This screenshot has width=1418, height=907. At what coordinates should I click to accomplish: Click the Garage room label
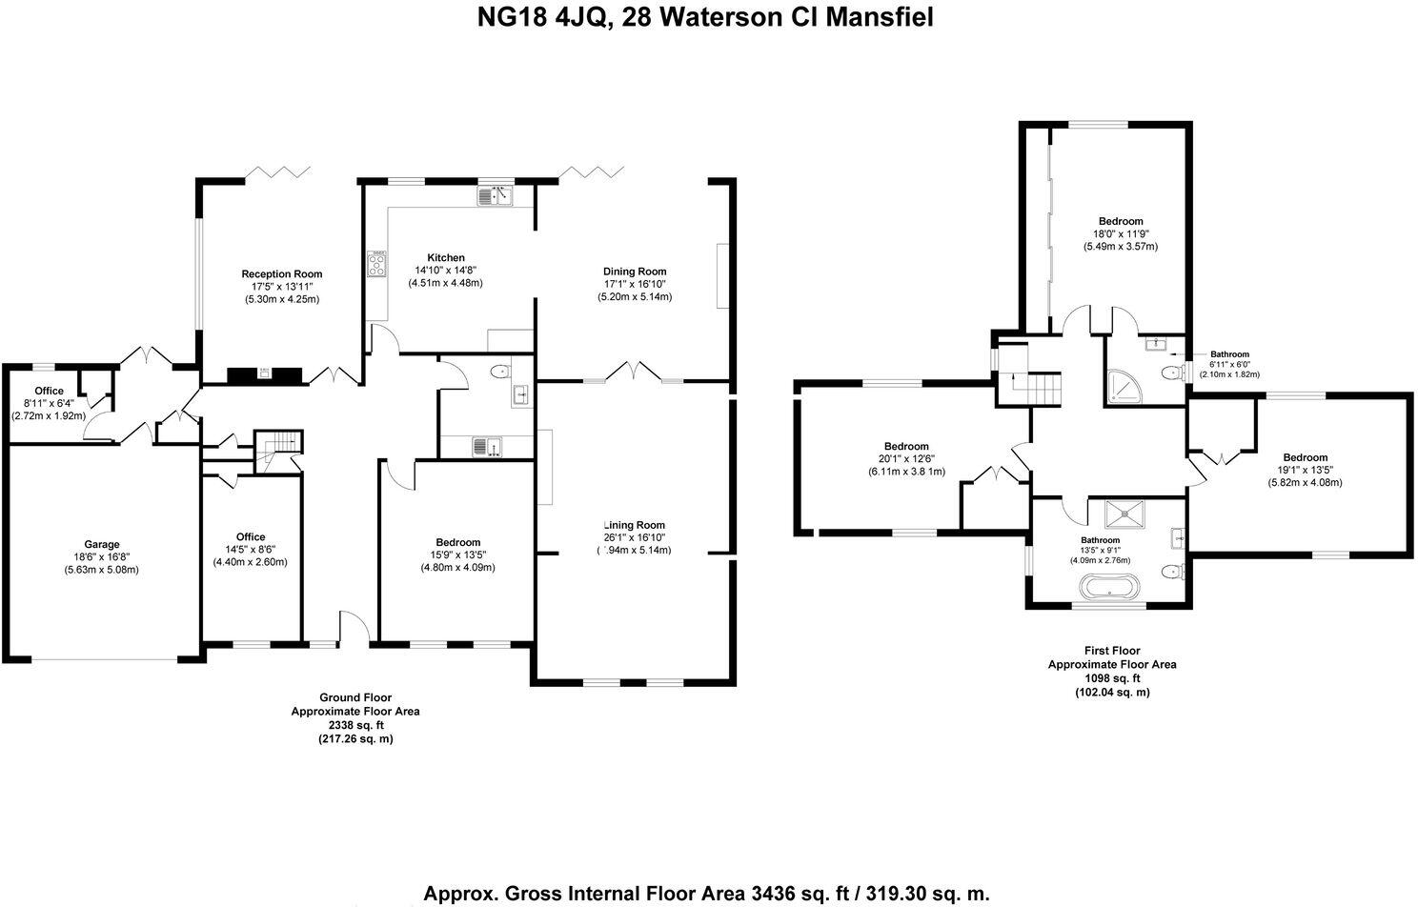tap(102, 545)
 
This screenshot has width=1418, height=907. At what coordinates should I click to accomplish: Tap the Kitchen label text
tap(445, 257)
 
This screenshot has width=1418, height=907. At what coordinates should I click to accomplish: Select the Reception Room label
tap(281, 274)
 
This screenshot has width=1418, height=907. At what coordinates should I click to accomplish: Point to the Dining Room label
tap(635, 272)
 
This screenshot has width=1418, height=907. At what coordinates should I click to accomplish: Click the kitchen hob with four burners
tap(376, 264)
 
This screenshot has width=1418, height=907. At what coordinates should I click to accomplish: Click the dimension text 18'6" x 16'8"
tap(102, 557)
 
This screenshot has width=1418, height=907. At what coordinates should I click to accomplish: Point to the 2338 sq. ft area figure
tap(354, 725)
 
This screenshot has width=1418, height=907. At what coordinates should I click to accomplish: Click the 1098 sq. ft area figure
tap(1111, 678)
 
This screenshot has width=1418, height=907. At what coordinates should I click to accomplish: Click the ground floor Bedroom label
tap(458, 542)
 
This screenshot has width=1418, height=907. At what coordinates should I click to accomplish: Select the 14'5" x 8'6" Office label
tap(251, 536)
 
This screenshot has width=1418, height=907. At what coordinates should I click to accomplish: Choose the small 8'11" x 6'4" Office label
tap(49, 391)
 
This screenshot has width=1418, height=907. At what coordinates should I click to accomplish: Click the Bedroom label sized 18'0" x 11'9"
tap(1120, 221)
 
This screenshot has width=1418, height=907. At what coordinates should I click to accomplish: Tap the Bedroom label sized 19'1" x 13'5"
tap(1305, 457)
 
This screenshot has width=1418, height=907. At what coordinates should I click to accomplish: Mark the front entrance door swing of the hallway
tap(354, 629)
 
